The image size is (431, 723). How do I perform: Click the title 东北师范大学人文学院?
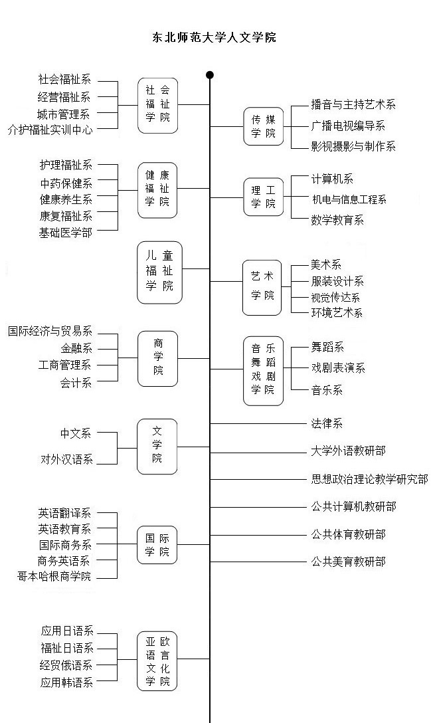pos(215,38)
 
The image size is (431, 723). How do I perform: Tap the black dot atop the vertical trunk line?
pos(210,75)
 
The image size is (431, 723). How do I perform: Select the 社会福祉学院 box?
pos(158,104)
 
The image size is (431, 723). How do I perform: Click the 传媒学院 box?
pos(263,126)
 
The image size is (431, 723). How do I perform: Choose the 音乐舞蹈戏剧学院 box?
pos(263,369)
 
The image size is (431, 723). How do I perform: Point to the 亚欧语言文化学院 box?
pos(158,662)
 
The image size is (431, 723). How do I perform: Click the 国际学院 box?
pos(158,544)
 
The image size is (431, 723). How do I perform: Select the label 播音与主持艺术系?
pos(353,104)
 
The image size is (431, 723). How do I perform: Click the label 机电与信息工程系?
pos(349,199)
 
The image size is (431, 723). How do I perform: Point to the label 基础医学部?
pos(66,233)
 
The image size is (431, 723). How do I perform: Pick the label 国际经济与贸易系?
pos(50,331)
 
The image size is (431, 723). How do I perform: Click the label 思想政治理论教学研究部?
pos(370,478)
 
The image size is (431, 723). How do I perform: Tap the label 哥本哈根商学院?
pos(54,576)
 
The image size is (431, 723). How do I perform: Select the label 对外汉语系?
pos(66,459)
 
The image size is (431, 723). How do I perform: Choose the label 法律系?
pos(327,423)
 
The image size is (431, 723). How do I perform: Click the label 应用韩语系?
pos(66,682)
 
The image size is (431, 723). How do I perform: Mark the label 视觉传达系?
pos(335,298)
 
